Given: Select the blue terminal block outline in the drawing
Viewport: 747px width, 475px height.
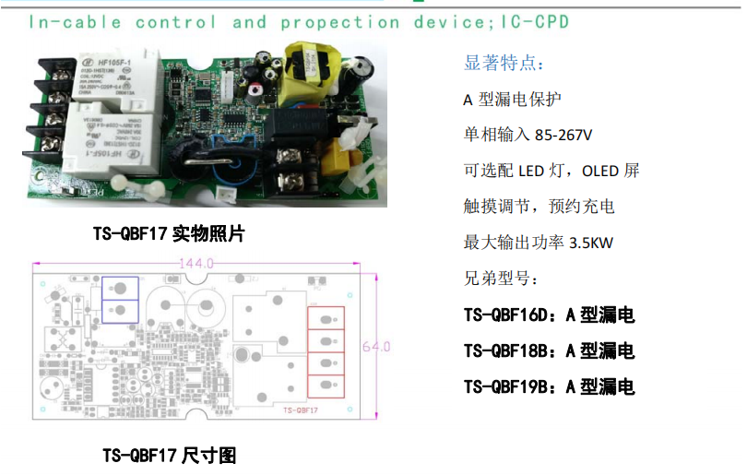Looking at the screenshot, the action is pyautogui.click(x=121, y=299).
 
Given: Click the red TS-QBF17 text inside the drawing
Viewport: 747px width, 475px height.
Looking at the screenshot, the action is pyautogui.click(x=301, y=408).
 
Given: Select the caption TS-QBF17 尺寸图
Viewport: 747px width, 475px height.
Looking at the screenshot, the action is pyautogui.click(x=170, y=455).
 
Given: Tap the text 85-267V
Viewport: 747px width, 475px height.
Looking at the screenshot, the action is pyautogui.click(x=563, y=135).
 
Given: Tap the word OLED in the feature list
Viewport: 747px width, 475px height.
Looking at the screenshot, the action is pyautogui.click(x=600, y=171).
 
